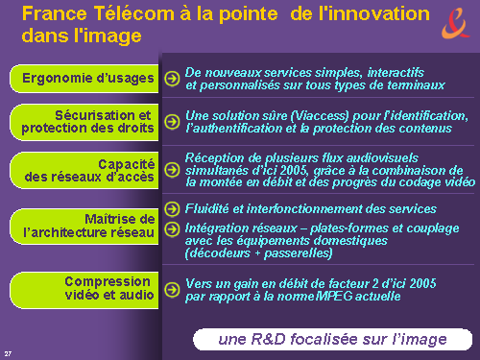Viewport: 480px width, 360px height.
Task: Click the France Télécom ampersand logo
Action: click(x=456, y=23)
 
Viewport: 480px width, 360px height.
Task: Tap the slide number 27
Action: click(x=8, y=353)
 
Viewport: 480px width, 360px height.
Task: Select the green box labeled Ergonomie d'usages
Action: click(x=84, y=79)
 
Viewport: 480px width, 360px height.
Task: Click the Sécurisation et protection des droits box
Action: click(x=84, y=122)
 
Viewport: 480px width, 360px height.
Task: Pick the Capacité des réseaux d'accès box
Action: click(x=84, y=170)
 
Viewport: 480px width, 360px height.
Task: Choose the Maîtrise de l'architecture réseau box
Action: click(x=84, y=227)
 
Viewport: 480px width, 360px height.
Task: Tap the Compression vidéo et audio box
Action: click(x=84, y=290)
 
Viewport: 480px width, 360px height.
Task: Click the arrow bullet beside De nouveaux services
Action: click(x=172, y=79)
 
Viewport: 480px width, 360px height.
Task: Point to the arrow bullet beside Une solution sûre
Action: click(x=172, y=122)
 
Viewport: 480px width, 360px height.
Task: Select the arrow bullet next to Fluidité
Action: click(x=172, y=209)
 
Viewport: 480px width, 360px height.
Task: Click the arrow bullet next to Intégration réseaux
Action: click(x=172, y=228)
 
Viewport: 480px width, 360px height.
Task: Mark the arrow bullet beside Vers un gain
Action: click(x=172, y=289)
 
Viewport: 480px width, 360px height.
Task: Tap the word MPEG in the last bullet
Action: click(x=334, y=296)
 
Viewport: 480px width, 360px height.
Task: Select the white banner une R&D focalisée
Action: click(x=332, y=339)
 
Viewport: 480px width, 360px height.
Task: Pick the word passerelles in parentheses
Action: click(x=297, y=253)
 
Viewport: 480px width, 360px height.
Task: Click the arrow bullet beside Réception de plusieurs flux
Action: click(x=172, y=170)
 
